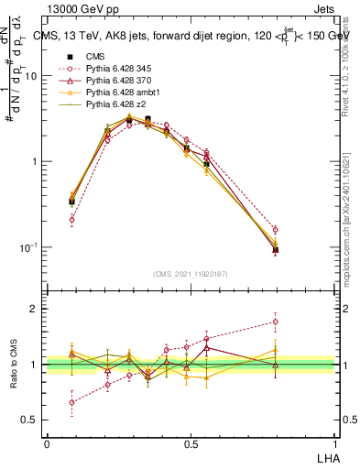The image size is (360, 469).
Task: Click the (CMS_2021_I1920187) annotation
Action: point(191,273)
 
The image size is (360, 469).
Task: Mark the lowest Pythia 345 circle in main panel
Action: point(71,220)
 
